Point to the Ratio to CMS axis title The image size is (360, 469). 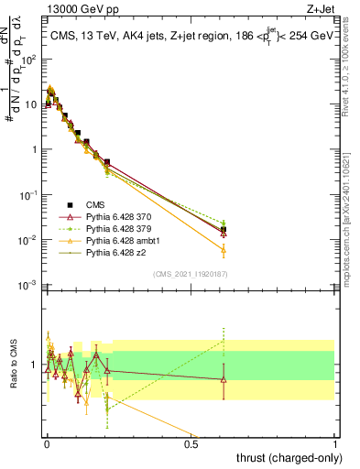14,365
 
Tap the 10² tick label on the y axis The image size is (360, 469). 29,59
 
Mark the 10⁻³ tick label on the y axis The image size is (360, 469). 29,286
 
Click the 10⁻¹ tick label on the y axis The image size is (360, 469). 29,195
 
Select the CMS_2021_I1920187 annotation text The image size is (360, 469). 190,274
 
